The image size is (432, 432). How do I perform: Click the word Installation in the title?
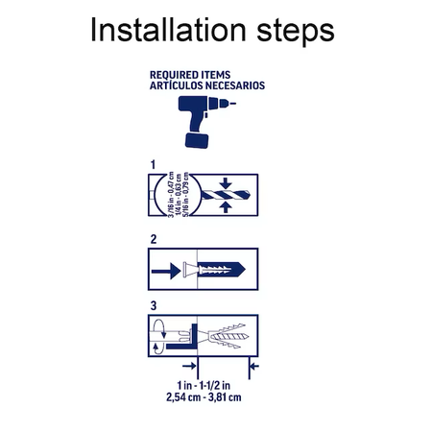click(x=168, y=30)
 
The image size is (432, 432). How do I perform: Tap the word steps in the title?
click(x=296, y=32)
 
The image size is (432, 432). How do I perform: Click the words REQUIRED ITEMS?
click(x=190, y=75)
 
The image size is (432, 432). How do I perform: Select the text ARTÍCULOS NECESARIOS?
click(x=207, y=85)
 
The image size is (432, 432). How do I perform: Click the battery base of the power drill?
click(x=197, y=141)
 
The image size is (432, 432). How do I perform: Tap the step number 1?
click(x=153, y=165)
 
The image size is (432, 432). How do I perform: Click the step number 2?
click(x=154, y=239)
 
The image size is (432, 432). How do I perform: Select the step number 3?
click(x=154, y=306)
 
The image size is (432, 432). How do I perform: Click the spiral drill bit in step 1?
click(x=226, y=195)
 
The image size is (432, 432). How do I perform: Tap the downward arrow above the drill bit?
click(x=226, y=183)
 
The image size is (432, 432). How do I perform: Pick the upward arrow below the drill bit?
click(x=226, y=207)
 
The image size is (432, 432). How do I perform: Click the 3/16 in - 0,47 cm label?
click(x=171, y=195)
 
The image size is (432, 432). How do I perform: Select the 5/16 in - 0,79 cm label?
click(x=185, y=195)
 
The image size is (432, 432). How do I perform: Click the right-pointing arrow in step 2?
click(x=166, y=271)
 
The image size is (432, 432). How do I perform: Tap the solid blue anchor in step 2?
click(x=222, y=270)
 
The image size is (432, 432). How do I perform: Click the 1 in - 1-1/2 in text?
click(x=204, y=385)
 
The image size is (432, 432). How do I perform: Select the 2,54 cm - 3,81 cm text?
click(x=204, y=397)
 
